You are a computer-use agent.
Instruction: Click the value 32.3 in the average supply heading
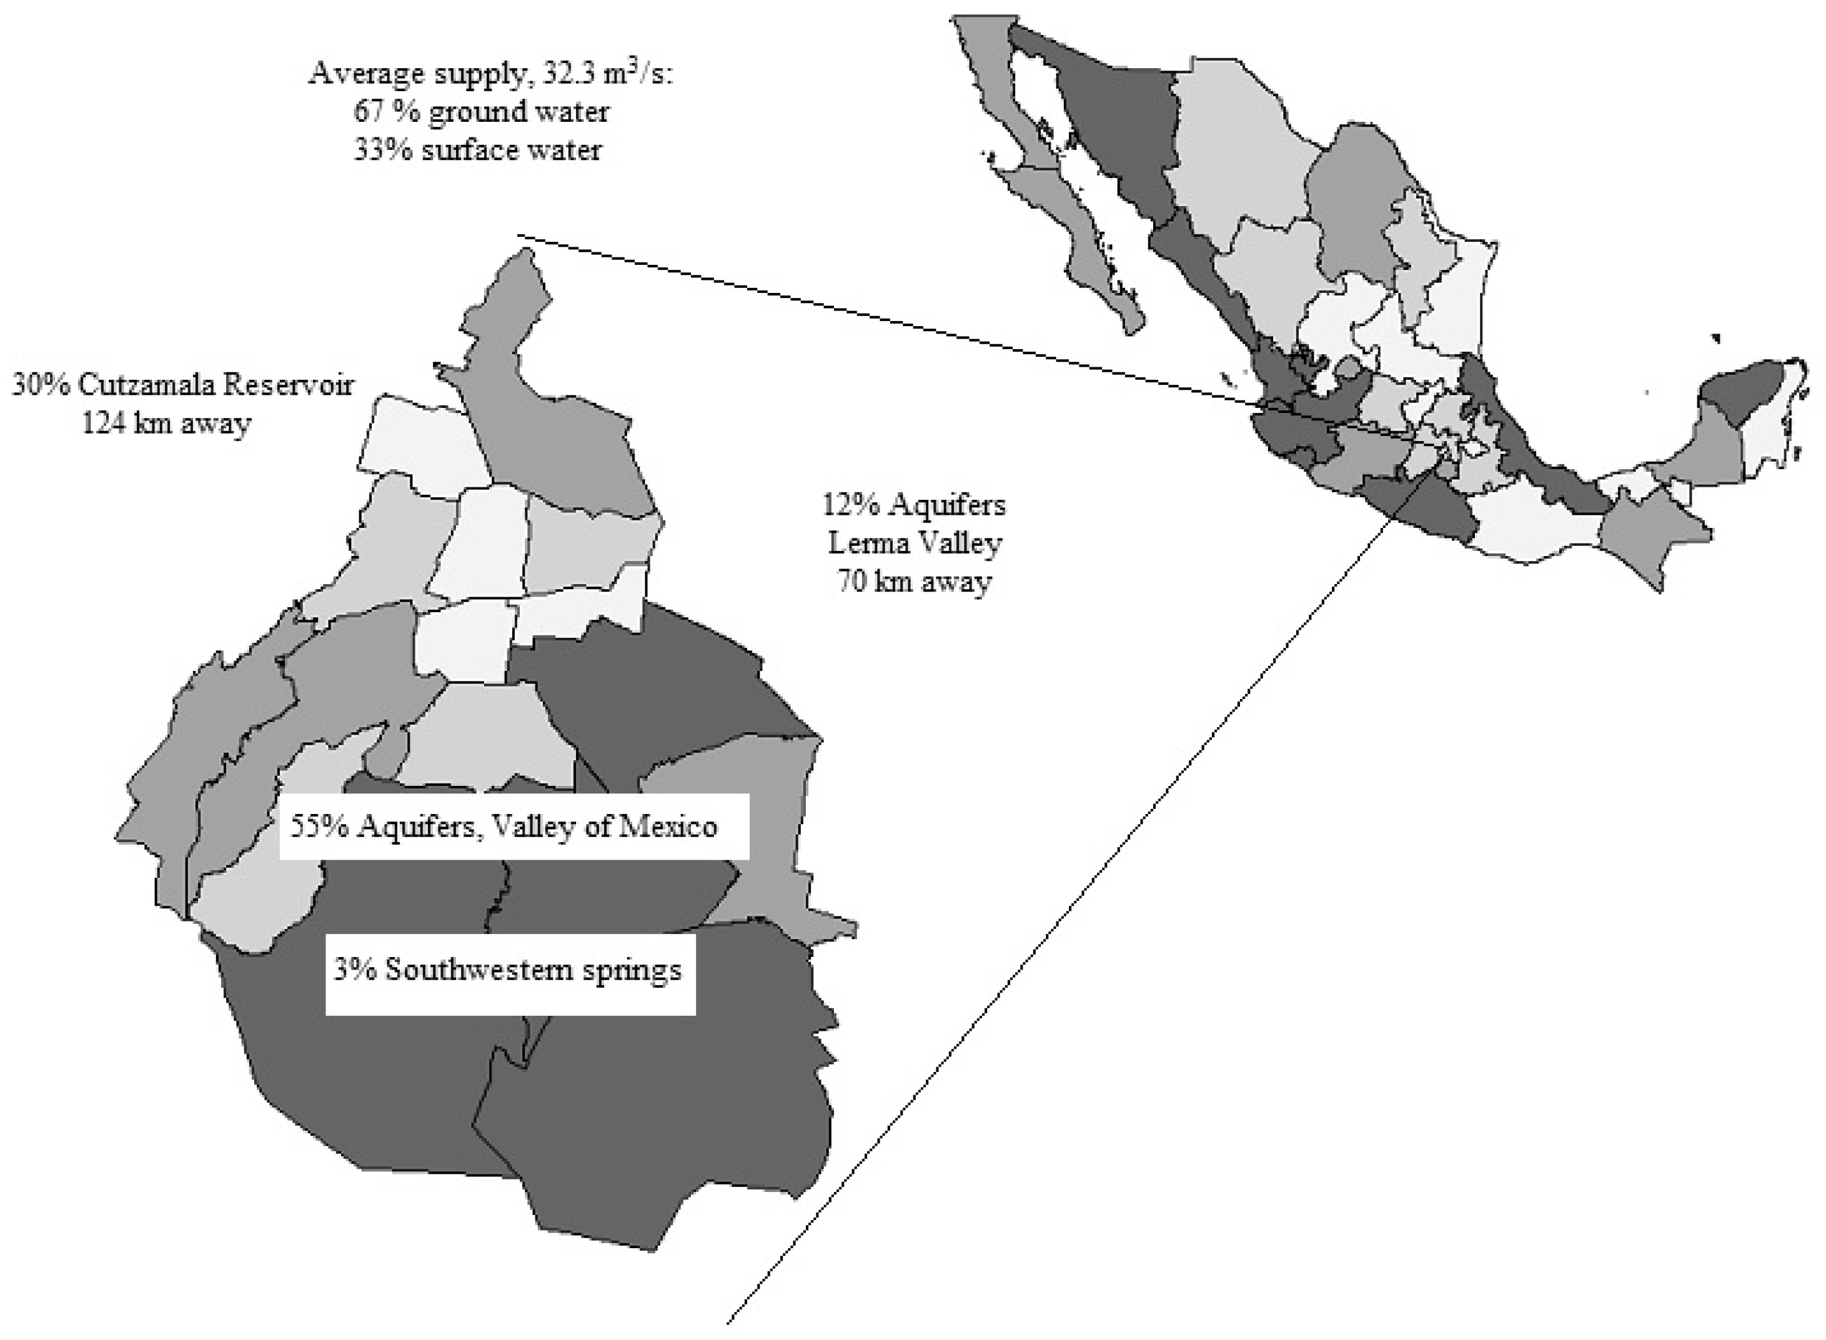570,74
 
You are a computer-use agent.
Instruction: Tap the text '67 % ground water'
481,111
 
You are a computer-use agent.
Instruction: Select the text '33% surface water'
478,150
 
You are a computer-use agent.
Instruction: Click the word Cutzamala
147,384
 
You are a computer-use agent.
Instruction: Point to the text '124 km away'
166,422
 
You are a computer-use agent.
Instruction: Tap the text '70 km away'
914,582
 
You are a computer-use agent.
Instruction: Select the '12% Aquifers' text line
914,505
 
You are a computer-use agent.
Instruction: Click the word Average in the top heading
359,74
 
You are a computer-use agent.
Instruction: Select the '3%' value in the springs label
354,970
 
